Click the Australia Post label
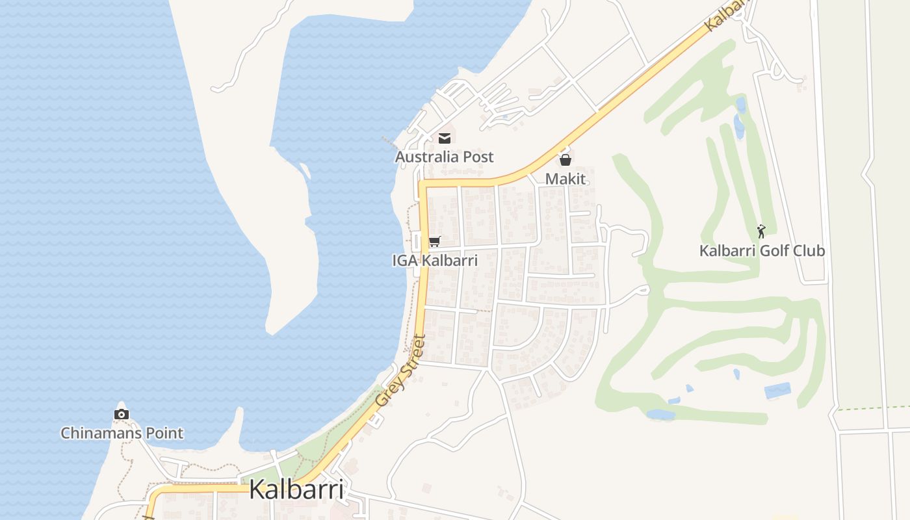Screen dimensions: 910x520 (x=445, y=157)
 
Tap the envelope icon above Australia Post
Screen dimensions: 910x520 (x=445, y=138)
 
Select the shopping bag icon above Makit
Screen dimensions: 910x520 (x=565, y=159)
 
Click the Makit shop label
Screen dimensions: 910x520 (x=565, y=179)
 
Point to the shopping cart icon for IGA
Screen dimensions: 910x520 (x=435, y=242)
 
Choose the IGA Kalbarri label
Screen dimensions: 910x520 (x=435, y=261)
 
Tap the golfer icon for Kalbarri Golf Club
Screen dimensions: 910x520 (x=761, y=231)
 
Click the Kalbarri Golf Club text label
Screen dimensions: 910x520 (x=762, y=250)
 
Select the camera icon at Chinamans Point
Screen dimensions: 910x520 (x=122, y=414)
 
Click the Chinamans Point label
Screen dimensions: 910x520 (x=122, y=433)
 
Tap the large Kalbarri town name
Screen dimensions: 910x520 (x=296, y=489)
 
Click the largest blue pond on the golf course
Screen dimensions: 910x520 (x=777, y=391)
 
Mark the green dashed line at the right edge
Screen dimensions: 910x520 (x=871, y=408)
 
